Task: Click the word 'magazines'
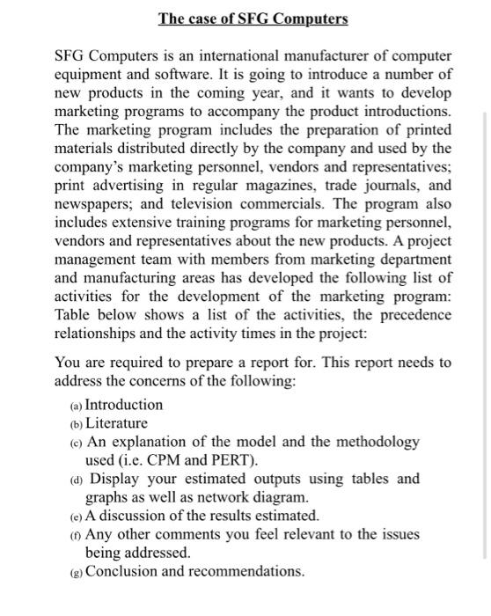pos(297,186)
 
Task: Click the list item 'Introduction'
pos(124,405)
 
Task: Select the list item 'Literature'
pos(116,423)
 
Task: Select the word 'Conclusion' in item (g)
pos(125,572)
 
